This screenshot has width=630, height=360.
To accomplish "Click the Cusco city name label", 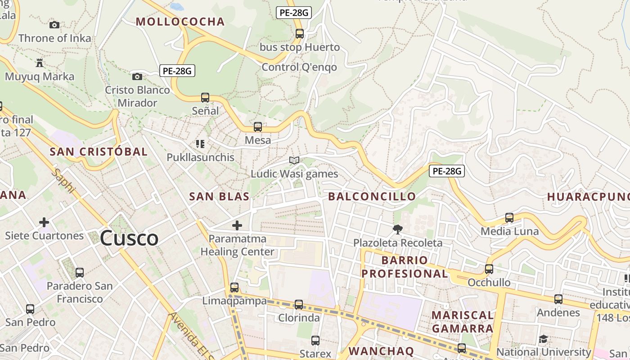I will [129, 238].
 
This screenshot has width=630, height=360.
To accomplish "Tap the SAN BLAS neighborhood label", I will [219, 197].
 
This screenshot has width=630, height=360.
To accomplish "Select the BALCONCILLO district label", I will [372, 197].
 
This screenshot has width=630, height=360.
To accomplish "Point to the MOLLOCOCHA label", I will [180, 22].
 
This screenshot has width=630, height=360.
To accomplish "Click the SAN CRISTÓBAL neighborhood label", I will [99, 152].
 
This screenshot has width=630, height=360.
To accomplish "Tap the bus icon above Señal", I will [205, 97].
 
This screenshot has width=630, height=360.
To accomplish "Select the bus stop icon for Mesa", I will [258, 127].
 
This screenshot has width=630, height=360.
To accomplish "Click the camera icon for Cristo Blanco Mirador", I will [137, 76].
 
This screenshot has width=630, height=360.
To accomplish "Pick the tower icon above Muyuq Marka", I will [40, 63].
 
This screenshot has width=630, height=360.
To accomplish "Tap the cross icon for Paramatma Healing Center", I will [237, 225].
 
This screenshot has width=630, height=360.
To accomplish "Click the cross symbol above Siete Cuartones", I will [44, 222].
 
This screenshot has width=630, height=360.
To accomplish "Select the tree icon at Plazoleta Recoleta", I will [397, 229].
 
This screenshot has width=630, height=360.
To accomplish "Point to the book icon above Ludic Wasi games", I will [294, 160].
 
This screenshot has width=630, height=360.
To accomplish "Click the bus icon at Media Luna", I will [509, 218].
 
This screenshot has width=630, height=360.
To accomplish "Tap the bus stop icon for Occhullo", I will [489, 269].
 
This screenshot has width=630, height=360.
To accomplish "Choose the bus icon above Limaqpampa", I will [234, 288].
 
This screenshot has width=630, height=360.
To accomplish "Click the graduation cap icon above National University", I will [544, 339].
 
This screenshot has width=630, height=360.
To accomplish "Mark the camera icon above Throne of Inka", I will [54, 25].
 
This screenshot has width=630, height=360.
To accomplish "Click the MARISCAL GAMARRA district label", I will [463, 321].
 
